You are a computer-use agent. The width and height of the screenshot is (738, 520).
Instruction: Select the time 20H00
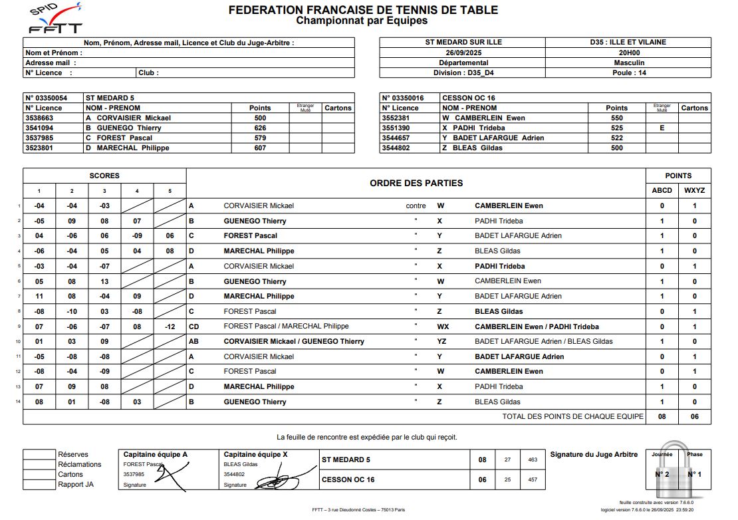click(628, 53)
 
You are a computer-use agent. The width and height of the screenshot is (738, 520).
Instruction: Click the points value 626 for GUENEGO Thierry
click(260, 128)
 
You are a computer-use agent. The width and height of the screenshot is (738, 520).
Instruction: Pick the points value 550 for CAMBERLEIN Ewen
click(616, 118)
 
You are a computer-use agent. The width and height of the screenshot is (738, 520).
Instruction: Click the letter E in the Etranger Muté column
click(662, 128)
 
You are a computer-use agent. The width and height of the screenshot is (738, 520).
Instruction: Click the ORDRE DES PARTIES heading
click(416, 183)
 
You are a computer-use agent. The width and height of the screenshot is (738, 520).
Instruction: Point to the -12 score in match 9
click(170, 326)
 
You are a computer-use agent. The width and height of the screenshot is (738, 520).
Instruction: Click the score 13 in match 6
click(104, 281)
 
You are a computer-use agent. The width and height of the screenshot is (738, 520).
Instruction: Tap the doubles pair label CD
click(194, 326)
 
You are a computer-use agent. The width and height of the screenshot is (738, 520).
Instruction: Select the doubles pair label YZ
click(441, 342)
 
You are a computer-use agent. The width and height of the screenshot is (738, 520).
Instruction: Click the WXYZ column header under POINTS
click(695, 190)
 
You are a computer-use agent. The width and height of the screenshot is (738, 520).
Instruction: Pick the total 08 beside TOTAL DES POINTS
click(662, 417)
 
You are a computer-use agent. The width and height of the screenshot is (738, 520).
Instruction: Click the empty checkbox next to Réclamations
click(39, 465)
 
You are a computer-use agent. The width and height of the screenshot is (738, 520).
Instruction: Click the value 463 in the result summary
click(532, 459)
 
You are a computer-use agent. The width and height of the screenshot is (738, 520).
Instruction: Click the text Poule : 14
click(628, 73)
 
